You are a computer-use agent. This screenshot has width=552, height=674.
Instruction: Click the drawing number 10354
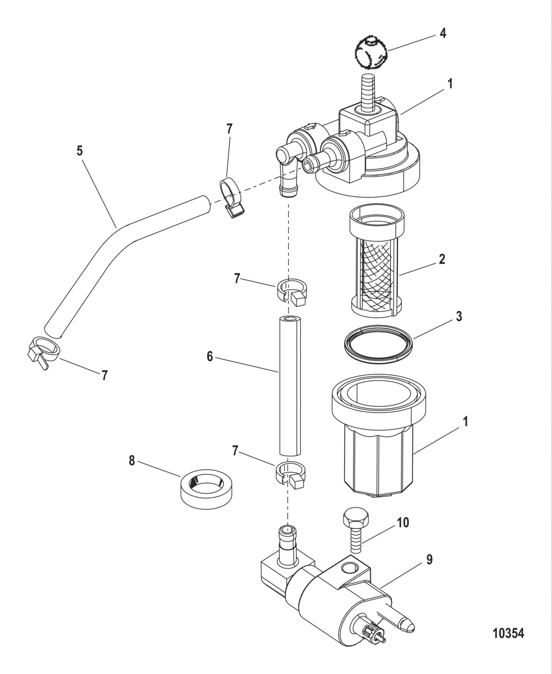click(x=508, y=633)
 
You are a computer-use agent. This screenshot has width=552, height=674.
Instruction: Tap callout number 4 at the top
click(x=443, y=34)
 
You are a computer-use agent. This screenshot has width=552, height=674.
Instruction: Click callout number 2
click(x=442, y=259)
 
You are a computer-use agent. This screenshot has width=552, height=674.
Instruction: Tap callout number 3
click(x=459, y=316)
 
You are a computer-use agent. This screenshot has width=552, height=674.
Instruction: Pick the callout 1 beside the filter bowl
click(x=464, y=422)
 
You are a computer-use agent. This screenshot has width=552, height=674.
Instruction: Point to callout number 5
click(x=79, y=151)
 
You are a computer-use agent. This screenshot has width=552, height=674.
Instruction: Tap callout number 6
click(x=210, y=356)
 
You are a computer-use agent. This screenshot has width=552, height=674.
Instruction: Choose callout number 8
click(x=132, y=461)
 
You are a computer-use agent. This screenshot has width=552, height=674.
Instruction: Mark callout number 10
click(x=403, y=523)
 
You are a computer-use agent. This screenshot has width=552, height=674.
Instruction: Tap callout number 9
click(x=429, y=560)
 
